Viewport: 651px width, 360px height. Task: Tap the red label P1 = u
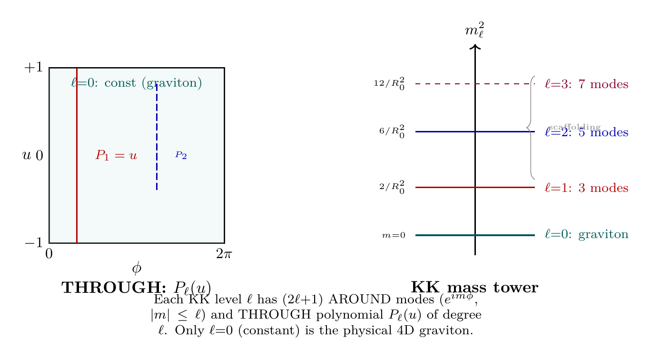click(116, 155)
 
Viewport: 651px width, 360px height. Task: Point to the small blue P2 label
click(181, 155)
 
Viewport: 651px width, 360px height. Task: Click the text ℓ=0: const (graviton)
click(136, 83)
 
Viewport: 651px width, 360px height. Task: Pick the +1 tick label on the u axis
click(33, 68)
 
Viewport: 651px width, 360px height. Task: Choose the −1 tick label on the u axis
click(33, 242)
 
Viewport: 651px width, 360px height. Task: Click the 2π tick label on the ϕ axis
click(224, 254)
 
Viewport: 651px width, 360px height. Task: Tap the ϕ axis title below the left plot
click(137, 269)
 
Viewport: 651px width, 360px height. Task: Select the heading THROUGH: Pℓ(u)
click(137, 287)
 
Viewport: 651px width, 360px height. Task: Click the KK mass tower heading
click(474, 287)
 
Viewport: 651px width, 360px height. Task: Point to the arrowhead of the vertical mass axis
click(475, 46)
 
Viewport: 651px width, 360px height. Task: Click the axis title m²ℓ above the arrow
click(475, 31)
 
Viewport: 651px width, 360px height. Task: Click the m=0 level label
click(394, 235)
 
